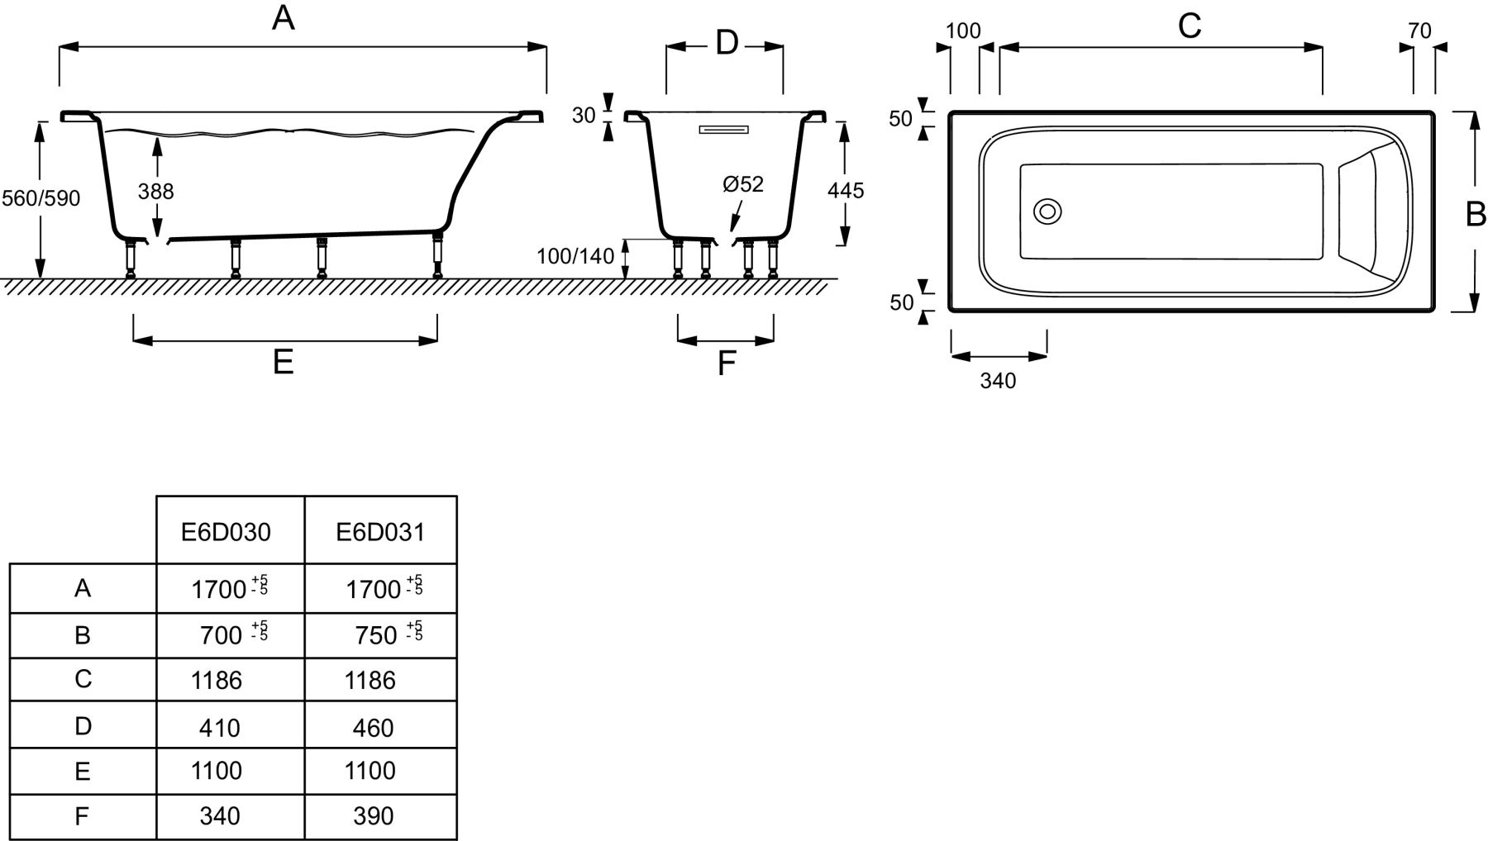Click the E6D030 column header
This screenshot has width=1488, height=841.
point(226,532)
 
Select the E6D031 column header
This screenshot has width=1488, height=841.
point(380,532)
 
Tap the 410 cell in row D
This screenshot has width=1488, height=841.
point(220,728)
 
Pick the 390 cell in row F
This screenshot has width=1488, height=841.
point(373,816)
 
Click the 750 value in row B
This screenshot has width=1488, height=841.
point(376,635)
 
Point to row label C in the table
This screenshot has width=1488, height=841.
point(83,679)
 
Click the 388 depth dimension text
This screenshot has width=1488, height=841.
point(155,192)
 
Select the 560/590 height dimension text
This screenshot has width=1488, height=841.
point(41,198)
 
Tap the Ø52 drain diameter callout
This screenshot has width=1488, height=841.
point(742,184)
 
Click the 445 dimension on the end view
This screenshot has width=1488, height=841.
point(846,191)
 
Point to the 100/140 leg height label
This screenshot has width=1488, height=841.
point(575,256)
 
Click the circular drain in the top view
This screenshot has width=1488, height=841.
point(1047,211)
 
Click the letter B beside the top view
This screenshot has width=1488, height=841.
point(1476,214)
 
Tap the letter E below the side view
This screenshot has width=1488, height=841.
point(284,362)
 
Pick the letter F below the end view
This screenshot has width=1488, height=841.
point(726,363)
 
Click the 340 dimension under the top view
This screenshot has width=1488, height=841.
point(998,381)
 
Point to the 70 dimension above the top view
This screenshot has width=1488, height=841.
point(1419,31)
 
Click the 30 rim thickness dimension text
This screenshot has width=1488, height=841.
point(584,116)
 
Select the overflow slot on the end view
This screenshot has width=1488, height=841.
point(723,130)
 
